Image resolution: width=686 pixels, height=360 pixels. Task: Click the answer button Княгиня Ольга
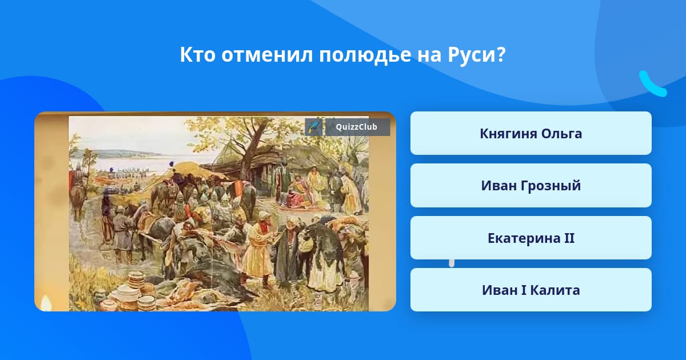pyautogui.click(x=531, y=133)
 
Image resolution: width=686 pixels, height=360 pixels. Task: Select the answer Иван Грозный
pyautogui.click(x=531, y=186)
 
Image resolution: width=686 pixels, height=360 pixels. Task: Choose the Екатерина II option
pyautogui.click(x=531, y=238)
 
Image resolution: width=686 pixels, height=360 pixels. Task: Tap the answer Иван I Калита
pyautogui.click(x=531, y=290)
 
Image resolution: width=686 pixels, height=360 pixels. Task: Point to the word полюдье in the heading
pyautogui.click(x=365, y=55)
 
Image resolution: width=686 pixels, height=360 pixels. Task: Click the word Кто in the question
pyautogui.click(x=198, y=55)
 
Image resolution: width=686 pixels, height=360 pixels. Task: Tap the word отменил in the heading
pyautogui.click(x=267, y=55)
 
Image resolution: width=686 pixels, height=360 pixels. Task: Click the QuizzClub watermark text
pyautogui.click(x=357, y=127)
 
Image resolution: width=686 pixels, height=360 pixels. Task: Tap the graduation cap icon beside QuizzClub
pyautogui.click(x=314, y=127)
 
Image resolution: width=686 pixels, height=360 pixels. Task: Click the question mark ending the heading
pyautogui.click(x=501, y=55)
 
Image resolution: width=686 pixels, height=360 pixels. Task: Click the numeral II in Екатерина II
pyautogui.click(x=569, y=238)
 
